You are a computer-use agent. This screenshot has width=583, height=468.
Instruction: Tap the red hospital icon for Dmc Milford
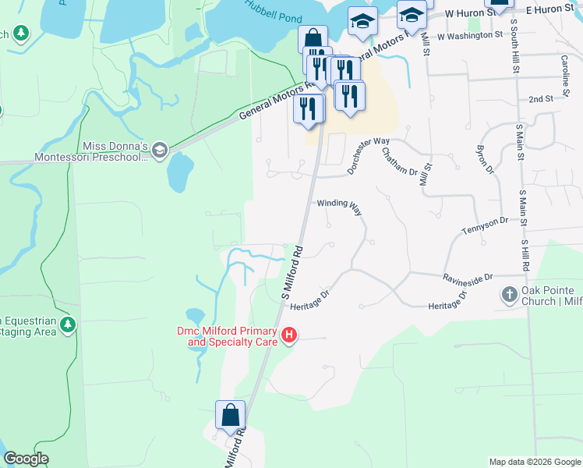point(289,336)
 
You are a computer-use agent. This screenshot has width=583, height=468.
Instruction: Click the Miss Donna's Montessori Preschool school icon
point(160,150)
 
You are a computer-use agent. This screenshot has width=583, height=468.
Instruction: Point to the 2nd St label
point(540,100)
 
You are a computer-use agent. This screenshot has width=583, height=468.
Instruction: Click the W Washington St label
point(470,36)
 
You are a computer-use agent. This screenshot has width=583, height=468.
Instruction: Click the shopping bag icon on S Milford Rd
point(231,414)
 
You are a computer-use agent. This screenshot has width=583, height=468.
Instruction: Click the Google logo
point(26,459)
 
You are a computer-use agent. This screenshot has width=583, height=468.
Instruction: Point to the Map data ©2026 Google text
point(534,462)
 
